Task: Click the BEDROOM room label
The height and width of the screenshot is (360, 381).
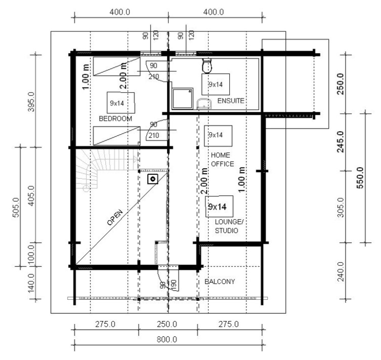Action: pos(115,118)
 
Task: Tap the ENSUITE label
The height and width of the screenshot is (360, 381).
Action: pos(231,101)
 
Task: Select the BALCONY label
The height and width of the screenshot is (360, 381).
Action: pos(220,282)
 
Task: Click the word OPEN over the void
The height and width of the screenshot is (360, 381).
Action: pos(115,217)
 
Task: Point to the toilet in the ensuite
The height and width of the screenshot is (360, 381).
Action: pos(207,66)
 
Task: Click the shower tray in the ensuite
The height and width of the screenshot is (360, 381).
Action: pos(183,99)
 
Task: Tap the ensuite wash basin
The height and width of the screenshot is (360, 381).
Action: pos(204,104)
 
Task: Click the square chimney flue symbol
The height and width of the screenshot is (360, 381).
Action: pos(153,179)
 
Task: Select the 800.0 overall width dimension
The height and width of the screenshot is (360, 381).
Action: pos(166,339)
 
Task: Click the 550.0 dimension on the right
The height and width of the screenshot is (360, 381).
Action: pos(360,178)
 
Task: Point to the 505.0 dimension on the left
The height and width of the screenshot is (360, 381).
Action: pos(16,208)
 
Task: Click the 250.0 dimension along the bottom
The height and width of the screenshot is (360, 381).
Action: pos(167,324)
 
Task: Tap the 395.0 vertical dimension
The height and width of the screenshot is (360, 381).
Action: pos(31,102)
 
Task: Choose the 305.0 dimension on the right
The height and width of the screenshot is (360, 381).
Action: pos(341,208)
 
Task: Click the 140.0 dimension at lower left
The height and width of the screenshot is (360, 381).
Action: pos(31,283)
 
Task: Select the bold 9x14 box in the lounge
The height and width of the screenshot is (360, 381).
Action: pos(219,207)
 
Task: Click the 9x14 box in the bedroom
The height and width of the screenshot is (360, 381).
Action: pos(121,103)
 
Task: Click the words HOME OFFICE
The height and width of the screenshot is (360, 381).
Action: pos(222,159)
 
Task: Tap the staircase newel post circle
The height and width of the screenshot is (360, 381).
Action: pos(86,188)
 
